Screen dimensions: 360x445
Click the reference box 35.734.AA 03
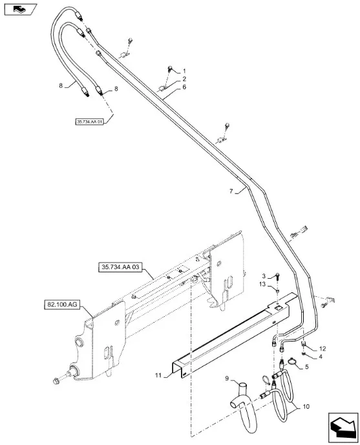pos(120,267)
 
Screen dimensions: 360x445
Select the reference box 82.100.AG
pos(62,305)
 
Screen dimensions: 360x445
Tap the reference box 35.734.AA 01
pos(89,122)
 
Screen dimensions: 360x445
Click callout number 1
pos(184,71)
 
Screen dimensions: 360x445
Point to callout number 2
pos(184,79)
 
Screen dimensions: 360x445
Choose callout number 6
pos(184,87)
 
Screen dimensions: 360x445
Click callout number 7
pos(231,191)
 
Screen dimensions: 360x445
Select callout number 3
pos(264,276)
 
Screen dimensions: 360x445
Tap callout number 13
pos(262,284)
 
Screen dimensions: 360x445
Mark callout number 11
pos(158,375)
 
